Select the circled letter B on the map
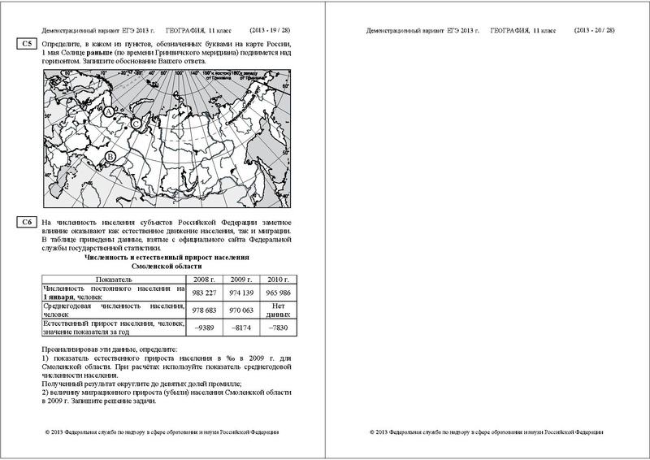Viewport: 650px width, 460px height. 111,154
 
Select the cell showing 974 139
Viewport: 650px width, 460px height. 242,293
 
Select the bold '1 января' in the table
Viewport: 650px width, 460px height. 60,298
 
